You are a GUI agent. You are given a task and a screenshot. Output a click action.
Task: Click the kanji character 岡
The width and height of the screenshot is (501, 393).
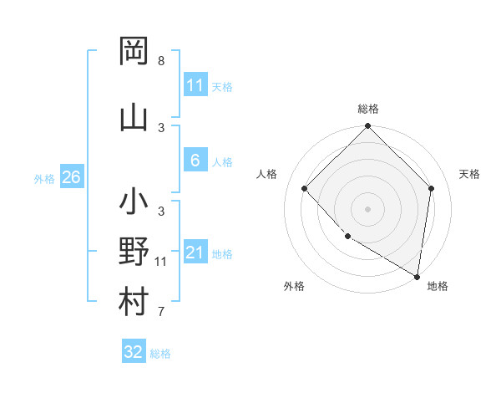click(134, 51)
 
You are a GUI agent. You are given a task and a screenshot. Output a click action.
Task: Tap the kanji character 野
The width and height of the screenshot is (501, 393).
click(134, 252)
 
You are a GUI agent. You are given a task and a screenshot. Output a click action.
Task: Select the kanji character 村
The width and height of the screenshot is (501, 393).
click(134, 302)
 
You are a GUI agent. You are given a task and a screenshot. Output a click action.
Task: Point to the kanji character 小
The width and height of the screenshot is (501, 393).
click(134, 202)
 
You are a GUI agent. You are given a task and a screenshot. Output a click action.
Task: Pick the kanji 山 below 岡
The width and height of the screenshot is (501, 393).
click(134, 118)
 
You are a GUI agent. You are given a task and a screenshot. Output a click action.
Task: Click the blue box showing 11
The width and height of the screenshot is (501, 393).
click(195, 85)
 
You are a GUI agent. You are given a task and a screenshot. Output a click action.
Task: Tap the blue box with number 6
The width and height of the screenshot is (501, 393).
click(195, 161)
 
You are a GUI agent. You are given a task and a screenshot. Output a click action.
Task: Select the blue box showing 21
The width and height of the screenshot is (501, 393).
click(195, 253)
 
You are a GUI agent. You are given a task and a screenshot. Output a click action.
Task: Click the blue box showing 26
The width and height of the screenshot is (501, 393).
click(71, 177)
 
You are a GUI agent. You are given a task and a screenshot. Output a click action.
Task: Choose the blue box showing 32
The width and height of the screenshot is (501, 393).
click(134, 352)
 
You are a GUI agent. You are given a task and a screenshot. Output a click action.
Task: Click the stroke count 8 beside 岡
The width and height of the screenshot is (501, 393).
click(161, 61)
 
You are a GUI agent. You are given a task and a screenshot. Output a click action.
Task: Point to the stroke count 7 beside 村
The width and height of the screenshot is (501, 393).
click(161, 313)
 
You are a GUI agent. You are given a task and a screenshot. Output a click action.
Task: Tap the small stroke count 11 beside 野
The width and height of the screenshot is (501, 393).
click(161, 262)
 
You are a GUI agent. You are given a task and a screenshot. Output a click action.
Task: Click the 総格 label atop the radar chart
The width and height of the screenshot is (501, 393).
click(368, 110)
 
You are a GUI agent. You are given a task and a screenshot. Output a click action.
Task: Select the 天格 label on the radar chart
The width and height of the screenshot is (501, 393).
click(469, 174)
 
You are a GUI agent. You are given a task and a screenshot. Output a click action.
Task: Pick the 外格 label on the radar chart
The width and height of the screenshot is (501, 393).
click(294, 286)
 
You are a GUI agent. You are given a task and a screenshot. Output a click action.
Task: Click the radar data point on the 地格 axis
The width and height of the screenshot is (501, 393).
click(416, 276)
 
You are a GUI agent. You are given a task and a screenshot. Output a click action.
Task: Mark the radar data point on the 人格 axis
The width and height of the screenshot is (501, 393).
click(305, 188)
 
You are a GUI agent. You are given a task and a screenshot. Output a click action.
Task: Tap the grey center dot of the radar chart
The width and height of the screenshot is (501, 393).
click(368, 208)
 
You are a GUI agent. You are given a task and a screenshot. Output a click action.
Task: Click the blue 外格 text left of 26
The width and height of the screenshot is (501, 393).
click(43, 178)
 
